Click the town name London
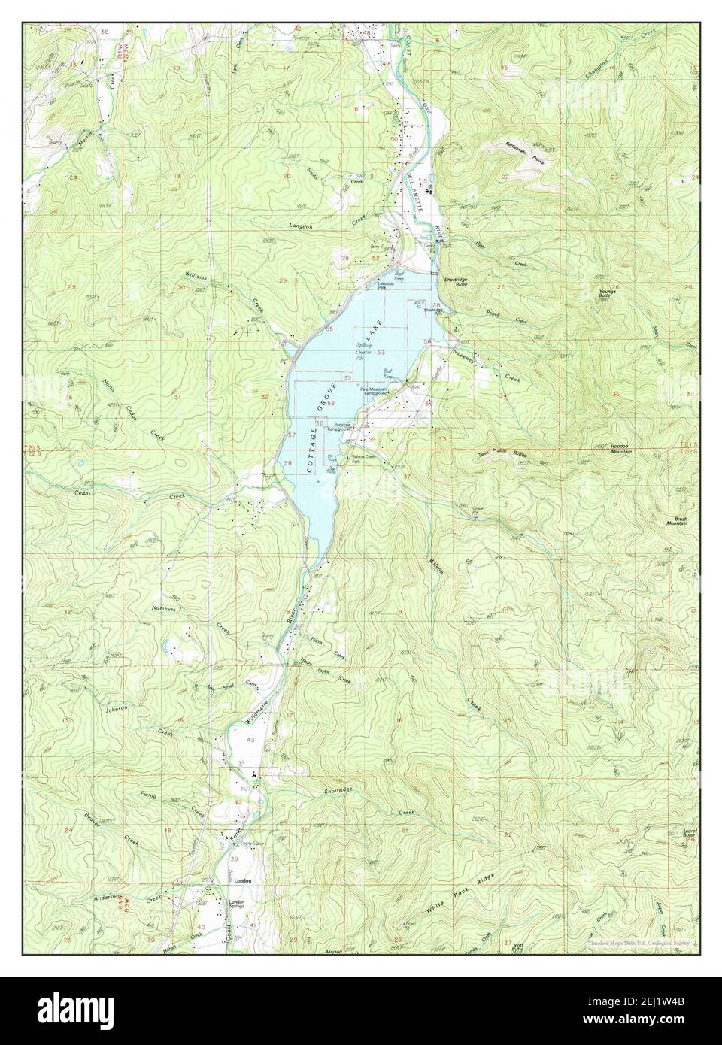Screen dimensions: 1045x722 pos(241,880)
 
